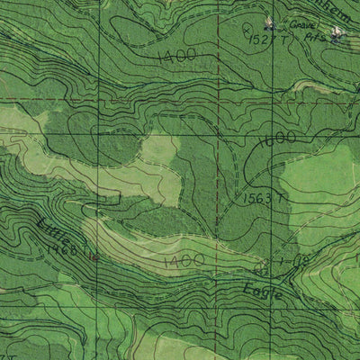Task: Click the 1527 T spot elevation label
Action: pos(268,40)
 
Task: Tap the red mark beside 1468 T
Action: pos(96,256)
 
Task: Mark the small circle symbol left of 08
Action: pos(262,269)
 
